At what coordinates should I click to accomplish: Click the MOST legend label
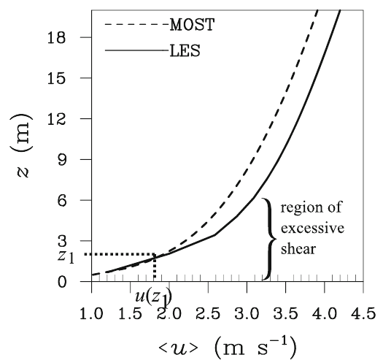point(193,25)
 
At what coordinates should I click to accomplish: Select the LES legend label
point(185,51)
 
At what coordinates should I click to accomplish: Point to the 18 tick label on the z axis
point(57,37)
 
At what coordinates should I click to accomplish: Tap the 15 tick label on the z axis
point(57,78)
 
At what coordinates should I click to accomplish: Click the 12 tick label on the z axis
point(57,119)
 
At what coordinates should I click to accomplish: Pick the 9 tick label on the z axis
point(62,159)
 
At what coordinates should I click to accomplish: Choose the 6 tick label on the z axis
point(62,200)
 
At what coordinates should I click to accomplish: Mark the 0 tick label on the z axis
point(62,282)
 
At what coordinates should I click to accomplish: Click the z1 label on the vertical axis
point(66,257)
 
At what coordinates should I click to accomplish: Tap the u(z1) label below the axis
point(154,298)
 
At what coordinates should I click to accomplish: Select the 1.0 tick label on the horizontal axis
point(91,313)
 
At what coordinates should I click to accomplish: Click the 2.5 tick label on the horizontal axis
point(208,313)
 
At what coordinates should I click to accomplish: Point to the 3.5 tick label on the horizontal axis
point(285,313)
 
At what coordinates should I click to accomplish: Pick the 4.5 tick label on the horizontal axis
point(363,313)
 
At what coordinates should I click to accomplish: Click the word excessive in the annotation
point(312,228)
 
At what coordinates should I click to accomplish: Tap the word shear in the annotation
point(298,249)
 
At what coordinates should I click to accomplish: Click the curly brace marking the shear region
point(270,239)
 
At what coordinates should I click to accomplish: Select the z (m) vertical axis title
point(21,145)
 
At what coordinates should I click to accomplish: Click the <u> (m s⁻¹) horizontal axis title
point(228,348)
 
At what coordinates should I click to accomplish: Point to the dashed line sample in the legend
point(136,24)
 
